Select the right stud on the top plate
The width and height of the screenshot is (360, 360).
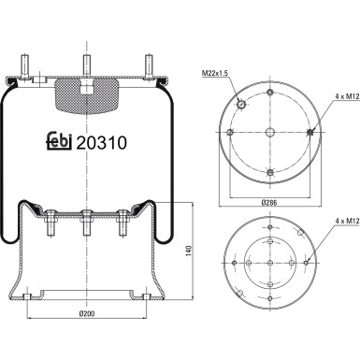point(148,71)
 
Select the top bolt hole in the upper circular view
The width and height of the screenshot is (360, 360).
point(269,91)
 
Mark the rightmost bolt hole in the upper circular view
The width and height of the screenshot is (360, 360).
point(310,133)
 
